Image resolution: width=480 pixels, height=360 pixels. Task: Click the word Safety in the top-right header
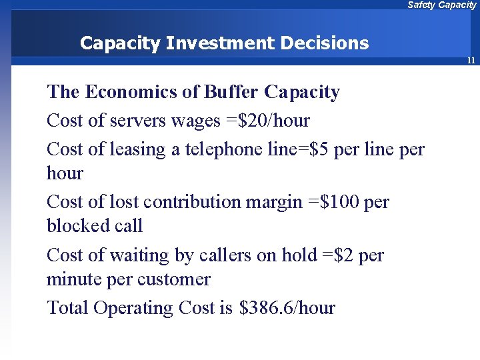tap(421, 5)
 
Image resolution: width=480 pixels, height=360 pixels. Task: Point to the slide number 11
tap(471, 61)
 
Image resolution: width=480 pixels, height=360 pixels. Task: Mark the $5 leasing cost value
tap(315, 149)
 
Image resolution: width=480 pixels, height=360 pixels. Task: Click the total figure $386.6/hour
tap(287, 308)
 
